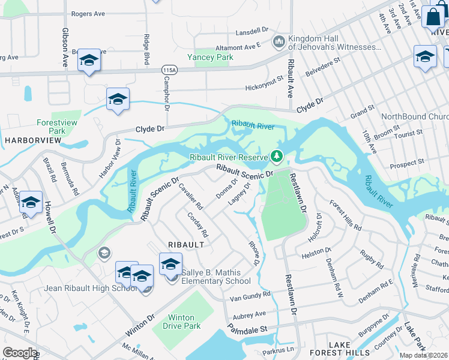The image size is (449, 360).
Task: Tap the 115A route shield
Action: pyautogui.click(x=170, y=70)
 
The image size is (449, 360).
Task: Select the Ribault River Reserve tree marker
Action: pyautogui.click(x=277, y=157)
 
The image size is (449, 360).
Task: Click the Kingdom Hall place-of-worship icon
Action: pyautogui.click(x=278, y=42)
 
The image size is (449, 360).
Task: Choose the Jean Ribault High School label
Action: pyautogui.click(x=91, y=288)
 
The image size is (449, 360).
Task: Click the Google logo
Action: pyautogui.click(x=20, y=353)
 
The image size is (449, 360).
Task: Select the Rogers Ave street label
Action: pyautogui.click(x=88, y=13)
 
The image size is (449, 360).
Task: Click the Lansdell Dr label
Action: pyautogui.click(x=252, y=30)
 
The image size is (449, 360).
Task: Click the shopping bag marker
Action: pyautogui.click(x=432, y=17)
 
